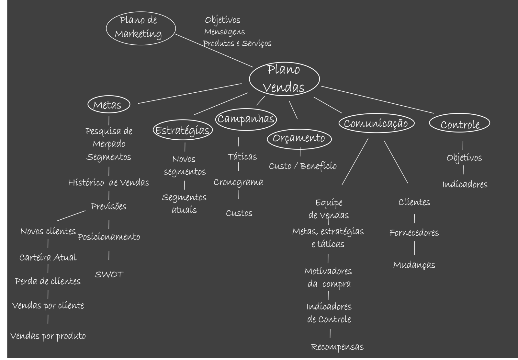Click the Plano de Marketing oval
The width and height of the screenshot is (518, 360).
(141, 28)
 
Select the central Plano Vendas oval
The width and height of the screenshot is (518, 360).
(284, 79)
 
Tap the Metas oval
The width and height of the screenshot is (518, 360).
(108, 105)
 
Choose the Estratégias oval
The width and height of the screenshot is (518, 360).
(183, 130)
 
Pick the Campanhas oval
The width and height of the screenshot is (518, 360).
(246, 119)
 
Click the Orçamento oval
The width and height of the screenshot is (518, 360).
(299, 138)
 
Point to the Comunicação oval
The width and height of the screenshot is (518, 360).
(376, 123)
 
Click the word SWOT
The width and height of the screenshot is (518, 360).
(109, 275)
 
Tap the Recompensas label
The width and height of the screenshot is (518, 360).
(337, 347)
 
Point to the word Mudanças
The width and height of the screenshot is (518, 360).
(414, 265)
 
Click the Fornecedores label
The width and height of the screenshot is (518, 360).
(414, 233)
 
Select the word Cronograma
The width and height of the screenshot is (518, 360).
(238, 182)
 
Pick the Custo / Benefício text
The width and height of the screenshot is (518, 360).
(303, 166)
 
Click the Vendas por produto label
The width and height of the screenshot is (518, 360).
(48, 336)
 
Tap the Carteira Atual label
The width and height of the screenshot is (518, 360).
(48, 258)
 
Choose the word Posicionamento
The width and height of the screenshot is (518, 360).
(109, 237)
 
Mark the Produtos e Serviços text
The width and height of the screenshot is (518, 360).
(237, 43)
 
